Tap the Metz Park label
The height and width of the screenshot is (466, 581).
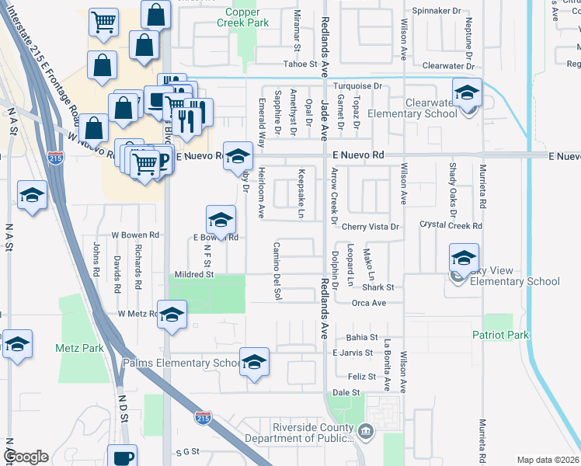pyautogui.click(x=80, y=348)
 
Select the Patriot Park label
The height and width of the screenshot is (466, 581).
pyautogui.click(x=500, y=335)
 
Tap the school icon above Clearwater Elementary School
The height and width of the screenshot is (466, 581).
pyautogui.click(x=467, y=94)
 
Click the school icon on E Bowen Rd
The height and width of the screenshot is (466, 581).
pyautogui.click(x=221, y=221)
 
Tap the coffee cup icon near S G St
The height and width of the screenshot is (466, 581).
pyautogui.click(x=123, y=457)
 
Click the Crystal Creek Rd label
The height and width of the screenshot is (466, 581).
pyautogui.click(x=451, y=226)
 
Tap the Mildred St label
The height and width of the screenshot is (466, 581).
pyautogui.click(x=193, y=274)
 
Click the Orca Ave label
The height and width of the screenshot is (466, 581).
pyautogui.click(x=368, y=303)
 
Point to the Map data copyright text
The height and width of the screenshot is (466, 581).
pyautogui.click(x=548, y=460)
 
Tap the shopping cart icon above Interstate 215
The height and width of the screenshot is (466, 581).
pyautogui.click(x=103, y=24)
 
